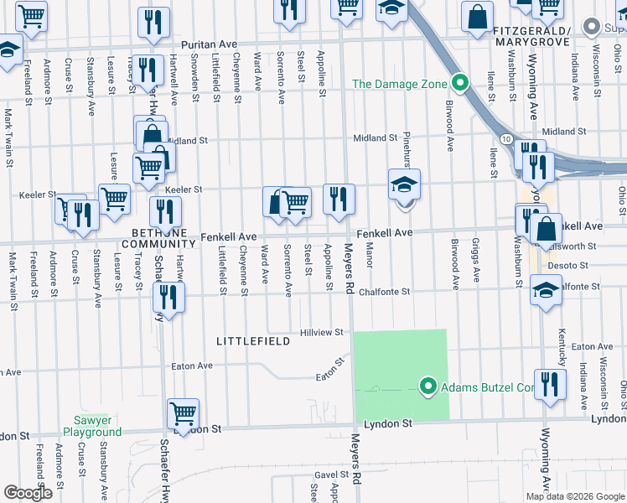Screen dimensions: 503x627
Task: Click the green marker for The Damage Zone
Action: click(459, 84)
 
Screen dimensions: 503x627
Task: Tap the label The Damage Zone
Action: click(399, 84)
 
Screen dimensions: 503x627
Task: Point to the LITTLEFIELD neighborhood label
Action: click(253, 341)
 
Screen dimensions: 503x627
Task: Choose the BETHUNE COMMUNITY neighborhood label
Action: click(158, 237)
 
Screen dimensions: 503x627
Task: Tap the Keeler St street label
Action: click(184, 190)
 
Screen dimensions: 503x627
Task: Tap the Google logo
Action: click(28, 493)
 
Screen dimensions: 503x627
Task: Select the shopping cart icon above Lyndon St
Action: click(183, 412)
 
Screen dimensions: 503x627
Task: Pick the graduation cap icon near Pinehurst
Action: click(404, 184)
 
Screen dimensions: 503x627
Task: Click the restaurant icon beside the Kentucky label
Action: click(550, 384)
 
